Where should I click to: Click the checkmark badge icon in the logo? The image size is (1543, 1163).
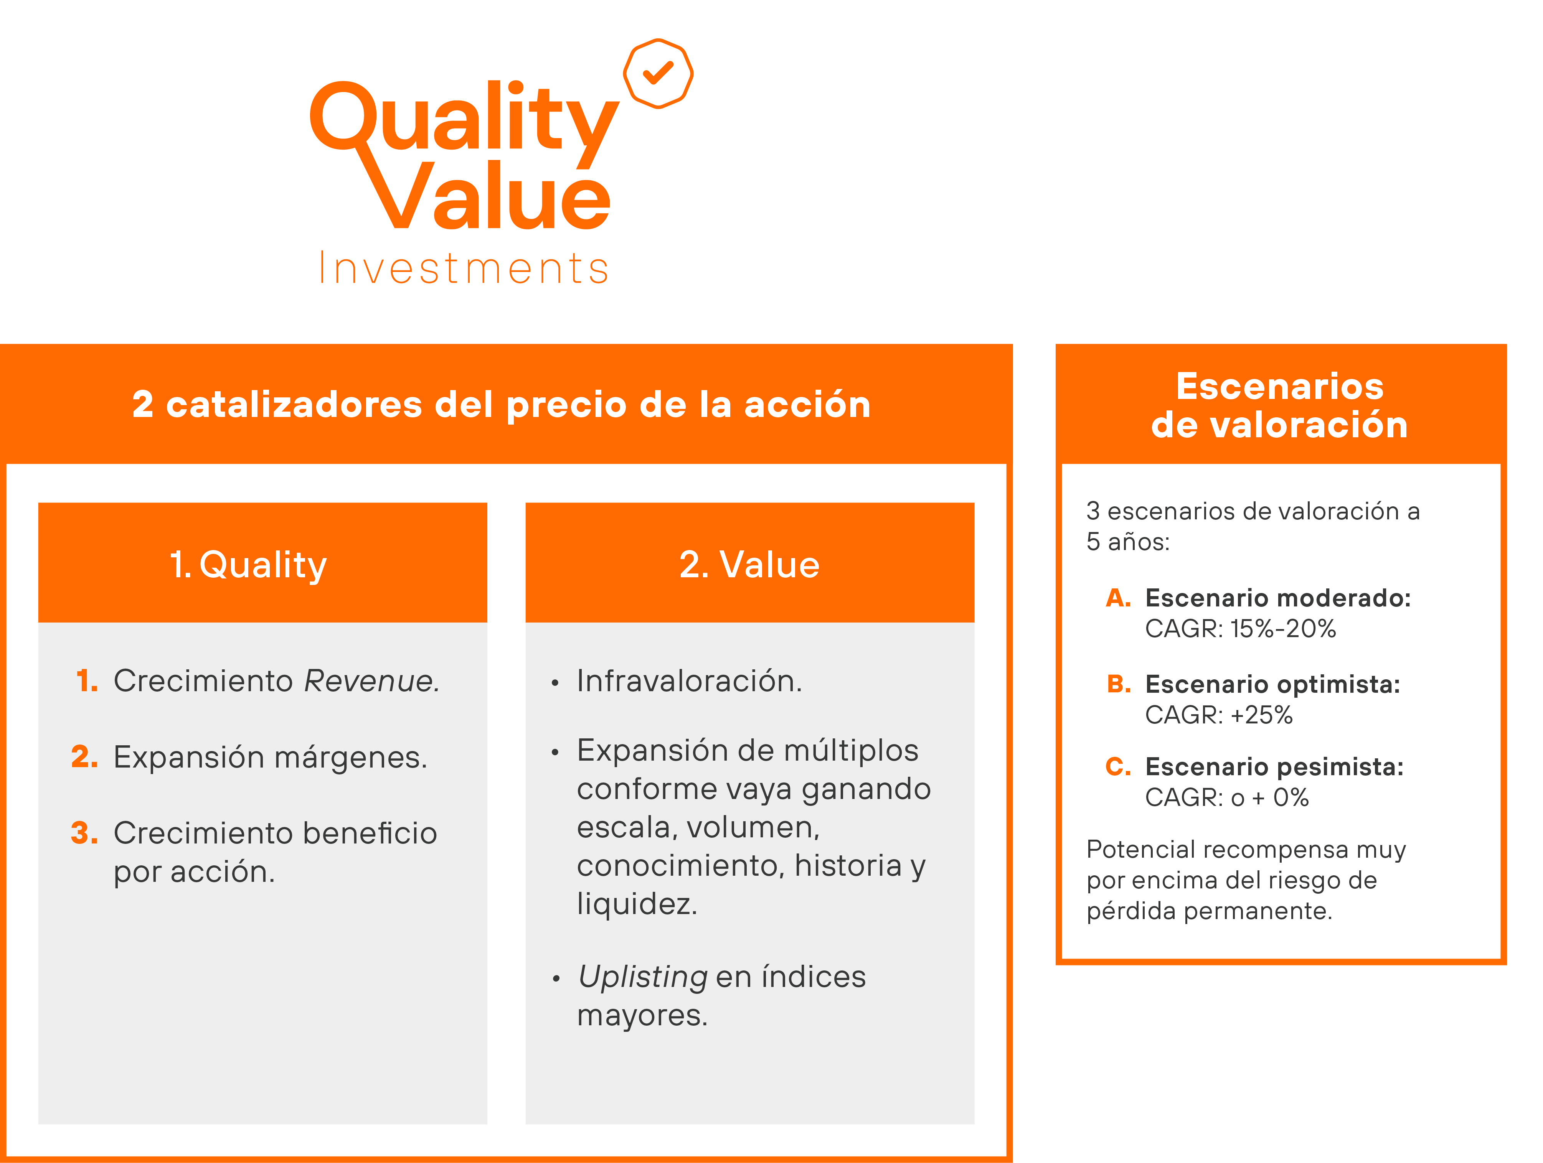click(x=658, y=73)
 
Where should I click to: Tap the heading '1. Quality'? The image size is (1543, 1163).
click(x=248, y=564)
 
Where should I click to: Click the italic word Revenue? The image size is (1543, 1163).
click(x=371, y=681)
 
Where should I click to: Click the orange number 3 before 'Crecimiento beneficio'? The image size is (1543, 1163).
click(x=84, y=832)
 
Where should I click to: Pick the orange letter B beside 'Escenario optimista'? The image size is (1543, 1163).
click(x=1118, y=684)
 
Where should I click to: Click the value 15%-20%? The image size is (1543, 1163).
click(x=1282, y=629)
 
